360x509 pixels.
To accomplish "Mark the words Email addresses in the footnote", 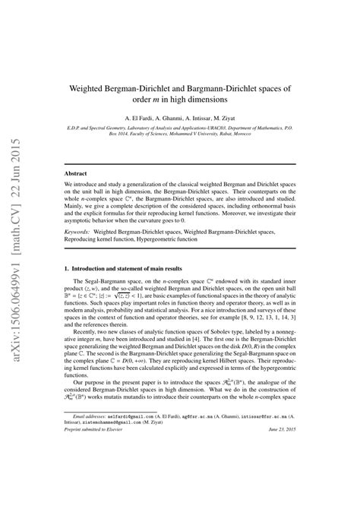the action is point(83,460).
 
